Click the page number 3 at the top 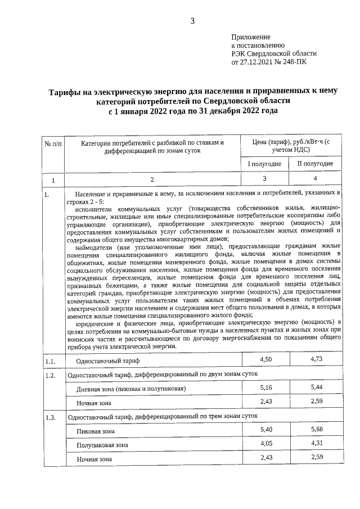(x=192, y=21)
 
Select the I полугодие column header (x=264, y=163)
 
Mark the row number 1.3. (x=49, y=417)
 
